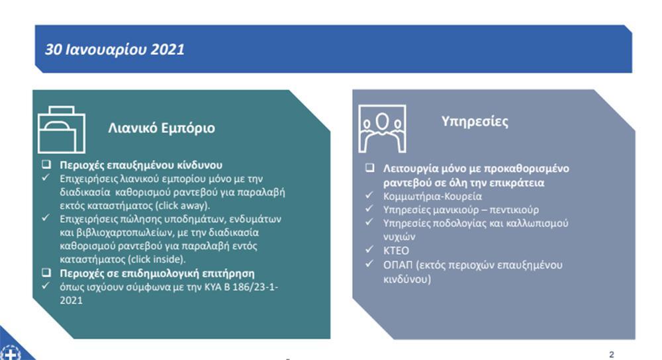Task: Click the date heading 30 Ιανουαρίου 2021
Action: pyautogui.click(x=115, y=50)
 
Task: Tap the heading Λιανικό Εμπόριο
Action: pyautogui.click(x=162, y=128)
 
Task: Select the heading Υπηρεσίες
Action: pyautogui.click(x=475, y=122)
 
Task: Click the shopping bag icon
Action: pyautogui.click(x=62, y=130)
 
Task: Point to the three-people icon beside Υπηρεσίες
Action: pyautogui.click(x=382, y=129)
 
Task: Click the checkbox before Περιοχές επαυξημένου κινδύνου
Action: pyautogui.click(x=46, y=164)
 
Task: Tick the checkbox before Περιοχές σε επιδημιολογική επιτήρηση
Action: pyautogui.click(x=46, y=273)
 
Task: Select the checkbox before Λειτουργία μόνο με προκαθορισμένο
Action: pyautogui.click(x=370, y=168)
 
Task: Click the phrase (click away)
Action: pyautogui.click(x=183, y=206)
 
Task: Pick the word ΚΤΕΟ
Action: pyautogui.click(x=396, y=251)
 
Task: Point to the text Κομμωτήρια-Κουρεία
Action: pyautogui.click(x=432, y=197)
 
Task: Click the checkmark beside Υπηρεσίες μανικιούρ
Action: pyautogui.click(x=369, y=208)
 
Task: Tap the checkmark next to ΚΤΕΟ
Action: pyautogui.click(x=369, y=249)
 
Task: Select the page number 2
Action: pyautogui.click(x=612, y=355)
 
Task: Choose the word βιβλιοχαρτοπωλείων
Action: pyautogui.click(x=117, y=232)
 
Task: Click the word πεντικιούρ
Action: pyautogui.click(x=514, y=210)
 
